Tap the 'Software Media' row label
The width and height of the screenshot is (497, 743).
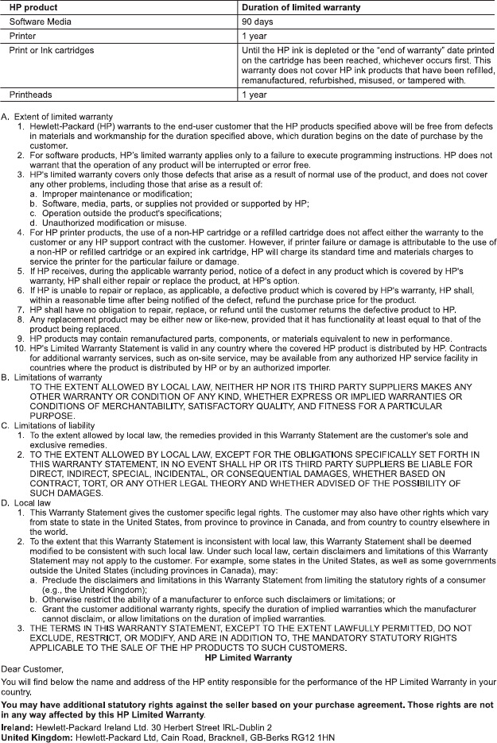point(39,22)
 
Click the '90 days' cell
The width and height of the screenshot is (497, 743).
point(258,22)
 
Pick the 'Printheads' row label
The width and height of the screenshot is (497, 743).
point(30,95)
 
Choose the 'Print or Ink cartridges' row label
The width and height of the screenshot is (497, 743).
point(52,51)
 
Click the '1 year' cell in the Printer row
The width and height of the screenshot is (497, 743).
point(254,37)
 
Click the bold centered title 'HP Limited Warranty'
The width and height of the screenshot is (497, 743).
point(248,658)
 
